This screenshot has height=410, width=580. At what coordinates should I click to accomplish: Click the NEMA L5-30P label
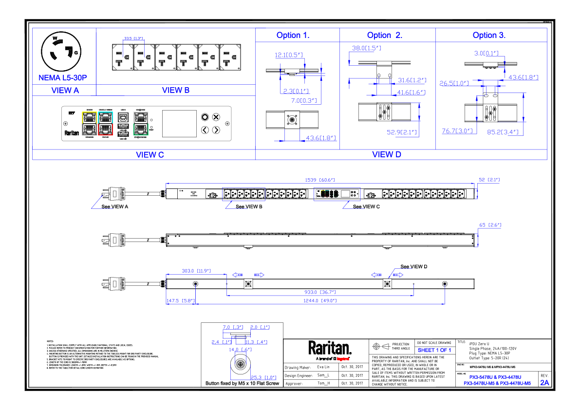pos(62,78)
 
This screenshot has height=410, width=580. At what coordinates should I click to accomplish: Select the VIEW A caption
pos(65,91)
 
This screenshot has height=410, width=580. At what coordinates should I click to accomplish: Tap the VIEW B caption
pos(176,91)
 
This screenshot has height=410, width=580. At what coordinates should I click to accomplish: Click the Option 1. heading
pos(293,36)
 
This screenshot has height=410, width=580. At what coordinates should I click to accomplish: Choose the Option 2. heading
pos(384,36)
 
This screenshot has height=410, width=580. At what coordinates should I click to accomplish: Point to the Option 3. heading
pos(489,36)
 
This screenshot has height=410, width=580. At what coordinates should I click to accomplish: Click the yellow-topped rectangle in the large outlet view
pos(89,123)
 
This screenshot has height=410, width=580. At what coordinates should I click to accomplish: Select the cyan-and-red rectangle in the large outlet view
pos(105,123)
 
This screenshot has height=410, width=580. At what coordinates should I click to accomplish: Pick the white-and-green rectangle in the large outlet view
pos(141,123)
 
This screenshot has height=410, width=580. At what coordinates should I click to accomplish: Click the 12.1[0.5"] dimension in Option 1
pos(289,55)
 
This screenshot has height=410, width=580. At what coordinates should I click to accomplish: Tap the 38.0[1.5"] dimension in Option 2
pos(366,48)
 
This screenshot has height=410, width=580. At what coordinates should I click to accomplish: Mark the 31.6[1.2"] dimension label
pos(412,80)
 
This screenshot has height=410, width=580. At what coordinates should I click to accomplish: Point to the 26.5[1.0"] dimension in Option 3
pos(454,83)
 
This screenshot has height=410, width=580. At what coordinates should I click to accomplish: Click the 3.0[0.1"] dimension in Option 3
pos(486,54)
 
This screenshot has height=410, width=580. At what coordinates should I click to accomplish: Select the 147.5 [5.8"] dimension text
pos(181,301)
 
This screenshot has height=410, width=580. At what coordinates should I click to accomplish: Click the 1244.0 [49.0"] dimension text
pos(320,301)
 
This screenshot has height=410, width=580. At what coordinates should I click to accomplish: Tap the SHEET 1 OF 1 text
pos(434,351)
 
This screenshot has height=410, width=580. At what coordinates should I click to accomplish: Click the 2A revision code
pos(544,383)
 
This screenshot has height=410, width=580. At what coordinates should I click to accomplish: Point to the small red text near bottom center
pos(343,359)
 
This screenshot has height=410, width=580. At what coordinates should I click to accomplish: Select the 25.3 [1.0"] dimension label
pos(263,378)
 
